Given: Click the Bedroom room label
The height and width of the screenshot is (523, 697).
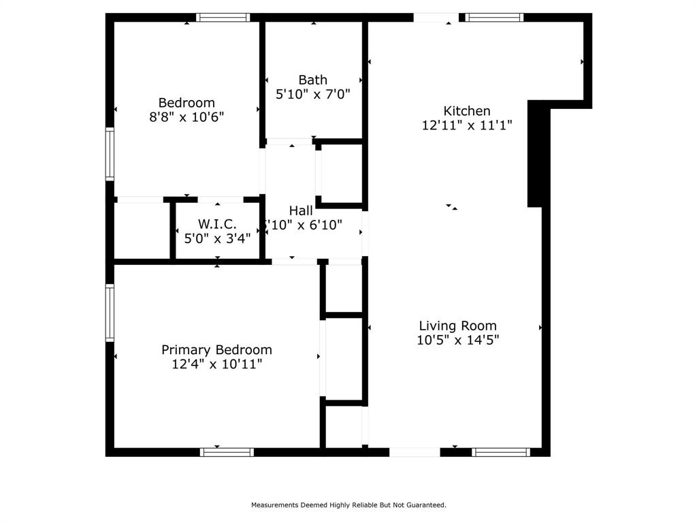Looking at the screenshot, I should tap(187, 103).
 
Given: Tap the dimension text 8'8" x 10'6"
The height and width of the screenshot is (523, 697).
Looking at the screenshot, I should tap(187, 117).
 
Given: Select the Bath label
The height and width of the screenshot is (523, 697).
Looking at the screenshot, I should tap(312, 80).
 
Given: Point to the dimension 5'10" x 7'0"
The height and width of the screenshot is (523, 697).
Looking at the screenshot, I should tap(312, 95).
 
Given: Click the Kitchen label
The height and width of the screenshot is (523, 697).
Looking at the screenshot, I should tap(466, 111).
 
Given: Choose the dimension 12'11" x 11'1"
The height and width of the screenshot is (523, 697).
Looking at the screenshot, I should tap(466, 125).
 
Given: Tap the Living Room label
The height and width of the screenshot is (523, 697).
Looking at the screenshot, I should tap(457, 326).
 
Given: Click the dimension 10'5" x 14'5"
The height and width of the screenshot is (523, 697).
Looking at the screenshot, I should tap(457, 340).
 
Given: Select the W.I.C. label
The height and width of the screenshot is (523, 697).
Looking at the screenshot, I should tap(217, 224).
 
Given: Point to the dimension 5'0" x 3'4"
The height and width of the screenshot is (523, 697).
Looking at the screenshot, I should tap(217, 238).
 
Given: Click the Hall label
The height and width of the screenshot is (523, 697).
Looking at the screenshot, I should tap(301, 210).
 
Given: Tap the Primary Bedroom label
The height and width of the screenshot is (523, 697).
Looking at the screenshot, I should tap(216, 350).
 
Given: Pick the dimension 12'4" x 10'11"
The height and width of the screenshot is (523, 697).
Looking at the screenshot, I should tap(216, 364).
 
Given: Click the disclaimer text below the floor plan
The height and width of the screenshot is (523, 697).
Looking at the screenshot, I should tap(348, 505).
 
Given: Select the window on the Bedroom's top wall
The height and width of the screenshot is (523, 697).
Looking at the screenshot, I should tap(223, 18).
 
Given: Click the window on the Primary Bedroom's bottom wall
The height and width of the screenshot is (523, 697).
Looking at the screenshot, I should tap(227, 452).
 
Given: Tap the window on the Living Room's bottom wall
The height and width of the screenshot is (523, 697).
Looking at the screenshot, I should tap(501, 452).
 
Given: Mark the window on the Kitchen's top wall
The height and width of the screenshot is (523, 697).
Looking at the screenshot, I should tap(495, 18).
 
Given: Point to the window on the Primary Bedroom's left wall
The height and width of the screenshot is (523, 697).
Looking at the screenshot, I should tap(110, 313).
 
